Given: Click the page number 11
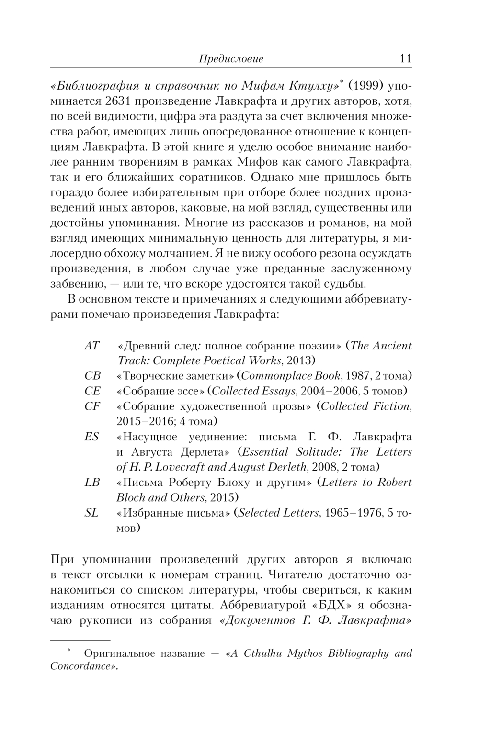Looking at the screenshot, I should click(405, 59).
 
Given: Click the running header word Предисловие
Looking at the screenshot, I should click(231, 59).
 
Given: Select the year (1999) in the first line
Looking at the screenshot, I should click(365, 87).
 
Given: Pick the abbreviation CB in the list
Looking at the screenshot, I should click(92, 376).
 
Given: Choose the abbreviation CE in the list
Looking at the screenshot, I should click(92, 391).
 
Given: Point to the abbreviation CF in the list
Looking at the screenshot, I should click(92, 406).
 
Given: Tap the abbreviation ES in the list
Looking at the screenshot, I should click(91, 437).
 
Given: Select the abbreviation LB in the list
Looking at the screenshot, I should click(92, 483).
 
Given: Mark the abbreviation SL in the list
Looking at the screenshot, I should click(91, 513).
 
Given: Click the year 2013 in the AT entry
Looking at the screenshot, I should click(298, 360).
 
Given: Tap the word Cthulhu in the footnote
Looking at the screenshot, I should click(263, 653).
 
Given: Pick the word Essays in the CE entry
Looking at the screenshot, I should click(278, 391).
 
